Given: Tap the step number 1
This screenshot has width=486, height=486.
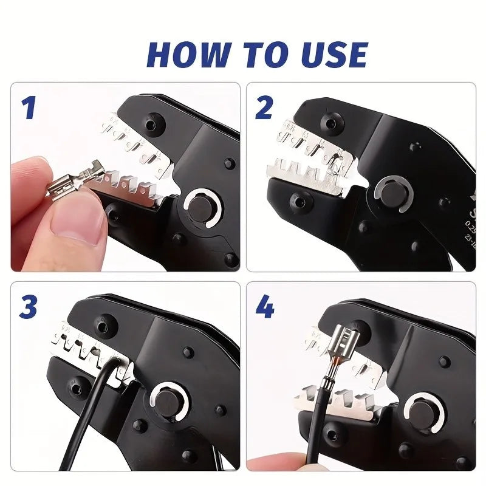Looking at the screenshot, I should click(x=29, y=108).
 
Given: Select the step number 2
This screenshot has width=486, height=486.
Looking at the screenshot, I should click(x=264, y=108).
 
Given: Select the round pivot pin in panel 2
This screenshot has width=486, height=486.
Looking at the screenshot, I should click(x=391, y=191).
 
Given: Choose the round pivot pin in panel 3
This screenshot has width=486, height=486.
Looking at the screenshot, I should click(x=166, y=405).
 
